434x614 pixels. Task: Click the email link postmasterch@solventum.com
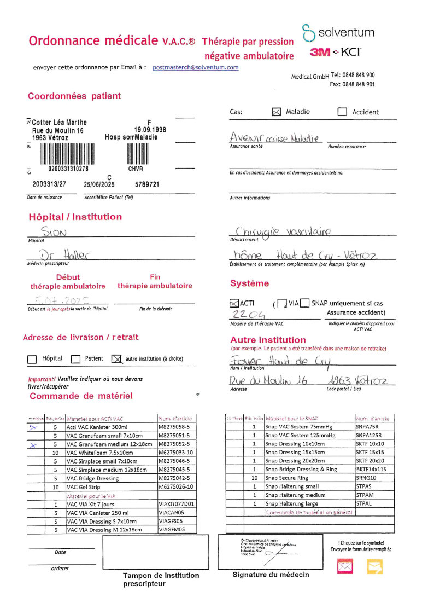[x=195, y=67]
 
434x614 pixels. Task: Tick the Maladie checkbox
[x=277, y=112]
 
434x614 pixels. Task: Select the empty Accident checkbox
[x=342, y=112]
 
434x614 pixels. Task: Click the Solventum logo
[x=338, y=33]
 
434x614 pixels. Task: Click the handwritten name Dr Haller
[x=64, y=254]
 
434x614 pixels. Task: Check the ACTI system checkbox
[x=234, y=303]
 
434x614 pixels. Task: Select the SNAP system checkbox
[x=304, y=303]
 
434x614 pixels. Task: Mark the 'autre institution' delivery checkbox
[x=115, y=359]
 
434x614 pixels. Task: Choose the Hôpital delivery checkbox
[x=32, y=359]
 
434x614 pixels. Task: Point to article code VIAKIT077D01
[x=176, y=504]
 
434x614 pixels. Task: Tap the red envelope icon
[x=345, y=566]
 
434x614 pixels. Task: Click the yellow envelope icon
[x=374, y=566]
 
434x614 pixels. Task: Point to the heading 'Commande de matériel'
[x=81, y=396]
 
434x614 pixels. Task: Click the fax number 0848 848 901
[x=359, y=84]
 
